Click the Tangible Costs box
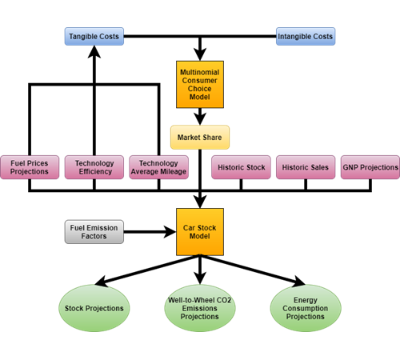(x=94, y=36)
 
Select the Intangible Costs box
(x=306, y=36)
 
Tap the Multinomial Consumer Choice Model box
(x=200, y=85)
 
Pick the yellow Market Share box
(x=200, y=138)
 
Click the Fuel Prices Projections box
(x=30, y=167)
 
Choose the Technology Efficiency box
(x=94, y=167)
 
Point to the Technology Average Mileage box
(x=159, y=167)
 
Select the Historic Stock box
(x=241, y=167)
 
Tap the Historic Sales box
(x=306, y=167)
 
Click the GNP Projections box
(x=370, y=167)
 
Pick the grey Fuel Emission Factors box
(x=94, y=232)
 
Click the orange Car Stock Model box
(x=200, y=232)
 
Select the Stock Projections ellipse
(x=94, y=308)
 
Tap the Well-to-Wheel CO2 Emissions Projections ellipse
(x=200, y=308)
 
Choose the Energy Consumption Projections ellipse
(x=306, y=308)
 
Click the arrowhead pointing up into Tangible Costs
(x=94, y=51)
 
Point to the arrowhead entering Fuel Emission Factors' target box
(x=170, y=232)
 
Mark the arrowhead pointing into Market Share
(x=200, y=119)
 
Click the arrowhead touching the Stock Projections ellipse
(x=101, y=281)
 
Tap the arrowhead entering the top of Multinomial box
(x=200, y=54)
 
